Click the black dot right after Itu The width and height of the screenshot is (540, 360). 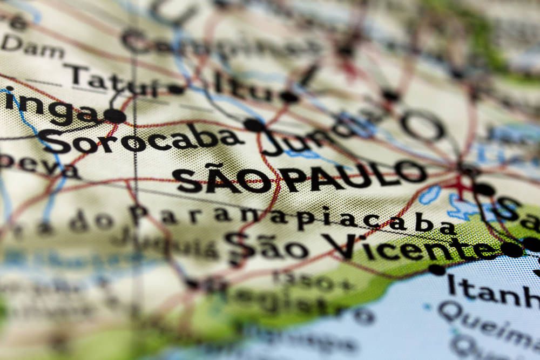[289, 97]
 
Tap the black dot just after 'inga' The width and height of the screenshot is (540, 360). [114, 116]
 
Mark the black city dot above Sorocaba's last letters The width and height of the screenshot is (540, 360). [254, 125]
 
